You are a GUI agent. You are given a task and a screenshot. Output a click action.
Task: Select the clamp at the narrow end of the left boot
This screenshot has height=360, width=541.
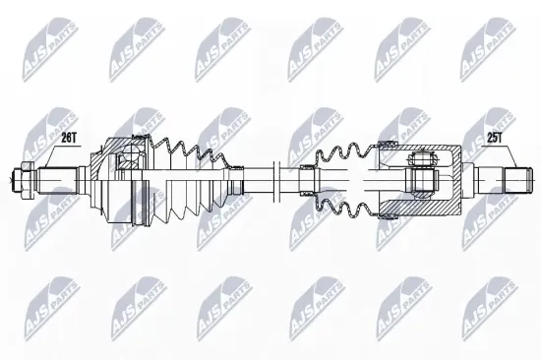(235, 179)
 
